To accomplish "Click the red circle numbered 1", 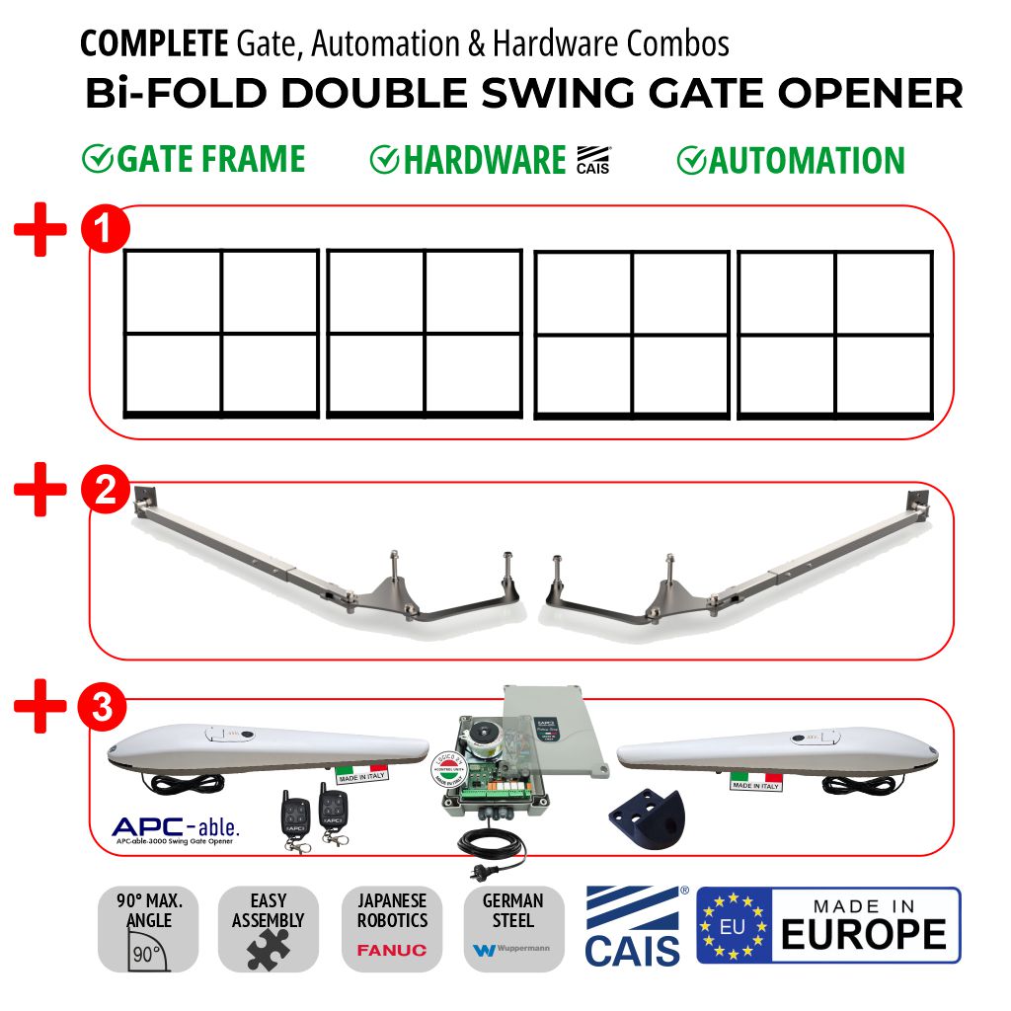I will [105, 228].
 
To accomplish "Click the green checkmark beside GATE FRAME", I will [97, 159].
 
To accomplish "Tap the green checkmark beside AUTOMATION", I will [691, 161].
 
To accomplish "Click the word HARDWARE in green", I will [484, 161].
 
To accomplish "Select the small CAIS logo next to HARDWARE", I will [592, 160].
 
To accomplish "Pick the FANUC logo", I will [392, 950].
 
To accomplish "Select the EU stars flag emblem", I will [734, 925].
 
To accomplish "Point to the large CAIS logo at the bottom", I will [632, 926].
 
